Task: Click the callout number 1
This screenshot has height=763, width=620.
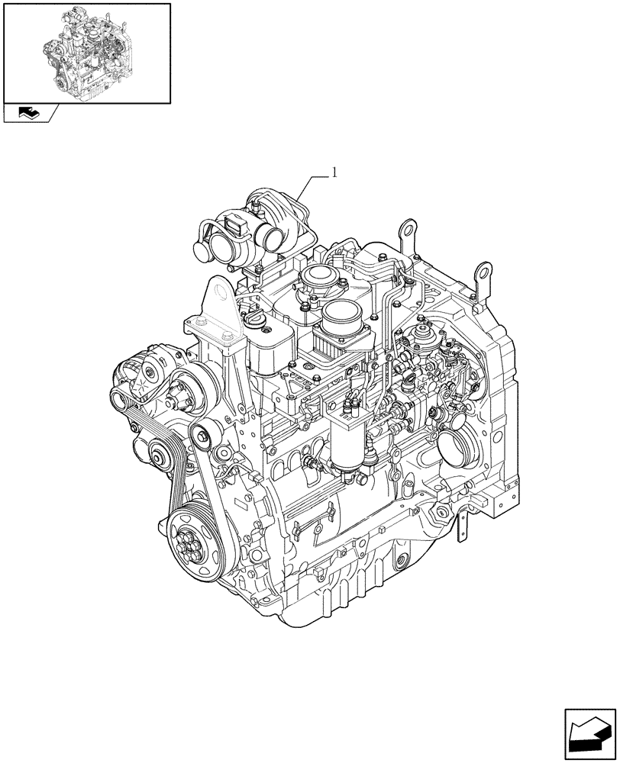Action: point(334,174)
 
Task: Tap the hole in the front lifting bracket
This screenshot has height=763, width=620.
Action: point(218,295)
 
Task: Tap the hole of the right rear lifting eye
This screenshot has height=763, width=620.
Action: point(482,271)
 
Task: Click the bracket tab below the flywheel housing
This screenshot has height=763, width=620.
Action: point(463,526)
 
